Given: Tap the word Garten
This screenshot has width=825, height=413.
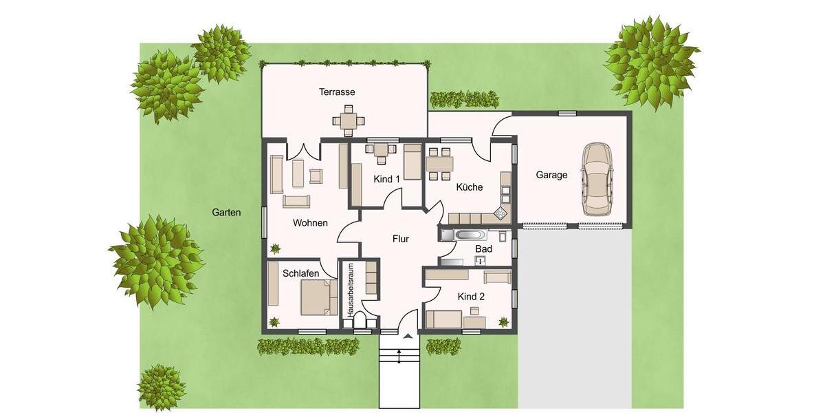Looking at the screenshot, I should coord(226,213).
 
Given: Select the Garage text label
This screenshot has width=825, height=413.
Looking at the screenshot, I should coord(551,175).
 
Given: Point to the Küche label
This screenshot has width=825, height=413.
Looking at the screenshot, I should coord(469,187).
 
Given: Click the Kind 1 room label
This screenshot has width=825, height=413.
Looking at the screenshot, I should coord(386,179).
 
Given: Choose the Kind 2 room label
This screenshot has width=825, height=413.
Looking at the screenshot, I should coord(471,297).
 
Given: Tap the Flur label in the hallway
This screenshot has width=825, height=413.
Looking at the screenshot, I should coord(400,239).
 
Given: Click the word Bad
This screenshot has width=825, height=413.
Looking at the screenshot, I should coord(483,248).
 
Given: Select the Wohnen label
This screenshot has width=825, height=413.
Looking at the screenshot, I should coord(310,223).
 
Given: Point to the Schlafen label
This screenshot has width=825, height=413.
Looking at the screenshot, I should coord(300,273).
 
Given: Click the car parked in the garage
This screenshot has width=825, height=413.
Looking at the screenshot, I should coord(596,179).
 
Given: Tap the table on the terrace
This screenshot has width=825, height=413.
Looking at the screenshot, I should coord(349,121).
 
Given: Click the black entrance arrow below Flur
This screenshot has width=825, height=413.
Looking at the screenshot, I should coord(408,336).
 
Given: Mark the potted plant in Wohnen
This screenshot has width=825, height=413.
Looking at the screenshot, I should coord(275,248).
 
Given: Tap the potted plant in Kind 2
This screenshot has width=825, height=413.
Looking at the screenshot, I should coord(503,321).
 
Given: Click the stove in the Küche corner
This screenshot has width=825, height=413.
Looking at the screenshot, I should coord(500,214).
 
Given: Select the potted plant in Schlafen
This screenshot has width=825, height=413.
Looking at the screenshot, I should coord(275,321).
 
